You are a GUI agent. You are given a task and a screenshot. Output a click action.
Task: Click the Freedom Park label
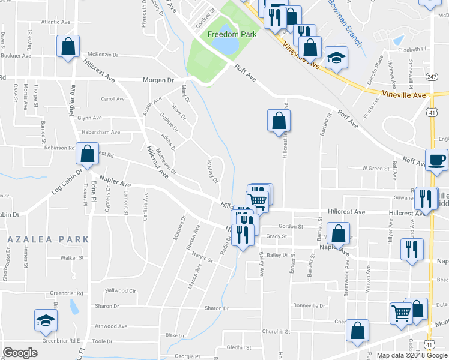click(x=232, y=34)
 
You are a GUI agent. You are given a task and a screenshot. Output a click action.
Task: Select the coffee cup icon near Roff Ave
click(x=436, y=160)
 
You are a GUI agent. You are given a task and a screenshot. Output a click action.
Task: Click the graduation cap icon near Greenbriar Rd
click(x=45, y=322)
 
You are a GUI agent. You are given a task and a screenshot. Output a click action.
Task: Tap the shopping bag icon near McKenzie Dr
click(x=68, y=46)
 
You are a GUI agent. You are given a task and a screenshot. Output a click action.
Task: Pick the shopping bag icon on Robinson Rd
click(x=88, y=154)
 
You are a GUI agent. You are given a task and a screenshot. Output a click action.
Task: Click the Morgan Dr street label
click(x=158, y=79)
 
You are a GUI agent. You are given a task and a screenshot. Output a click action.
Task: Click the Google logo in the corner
click(x=20, y=353)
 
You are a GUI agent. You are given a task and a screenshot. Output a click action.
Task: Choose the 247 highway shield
click(x=432, y=77)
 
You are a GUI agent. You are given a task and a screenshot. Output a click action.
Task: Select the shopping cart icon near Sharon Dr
click(x=400, y=313)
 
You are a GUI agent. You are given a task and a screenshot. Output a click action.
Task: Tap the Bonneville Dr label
click(x=310, y=305)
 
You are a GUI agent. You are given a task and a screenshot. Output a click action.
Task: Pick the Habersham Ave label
click(x=100, y=132)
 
